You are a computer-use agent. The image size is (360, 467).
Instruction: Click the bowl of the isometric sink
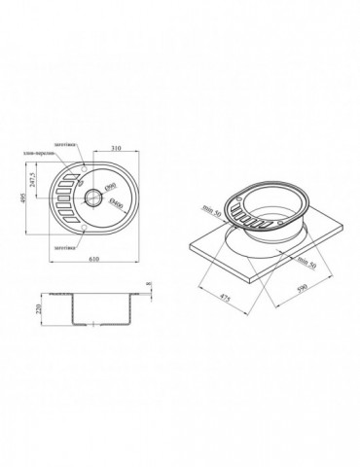[273, 209]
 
